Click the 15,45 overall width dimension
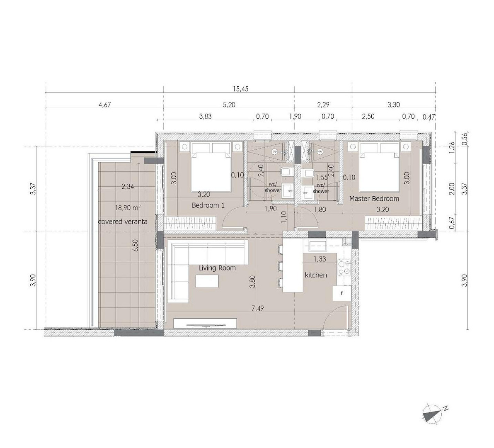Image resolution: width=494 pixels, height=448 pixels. pos(241,89)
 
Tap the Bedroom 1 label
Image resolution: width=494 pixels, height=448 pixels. pos(208,206)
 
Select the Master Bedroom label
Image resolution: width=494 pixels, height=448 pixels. pos(374,199)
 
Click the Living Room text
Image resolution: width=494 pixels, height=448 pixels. pos(217,268)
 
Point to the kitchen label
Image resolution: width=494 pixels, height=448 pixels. pos(316,275)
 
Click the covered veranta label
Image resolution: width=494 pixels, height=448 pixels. pos(123,222)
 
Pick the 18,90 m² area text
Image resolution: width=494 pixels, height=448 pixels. pos(128,207)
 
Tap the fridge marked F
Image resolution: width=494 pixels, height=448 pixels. pos(342,293)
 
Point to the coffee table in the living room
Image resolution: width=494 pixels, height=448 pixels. pos(207,281)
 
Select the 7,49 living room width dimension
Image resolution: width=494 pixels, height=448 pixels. pos(257,308)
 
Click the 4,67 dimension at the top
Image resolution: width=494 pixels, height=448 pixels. pos(104,105)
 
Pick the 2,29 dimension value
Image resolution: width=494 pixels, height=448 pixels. pos(323,105)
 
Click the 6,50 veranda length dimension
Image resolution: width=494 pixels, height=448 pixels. pos(136,245)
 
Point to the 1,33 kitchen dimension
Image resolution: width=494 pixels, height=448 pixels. pos(320,259)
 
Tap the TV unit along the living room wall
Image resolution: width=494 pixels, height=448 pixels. pos(205,323)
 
